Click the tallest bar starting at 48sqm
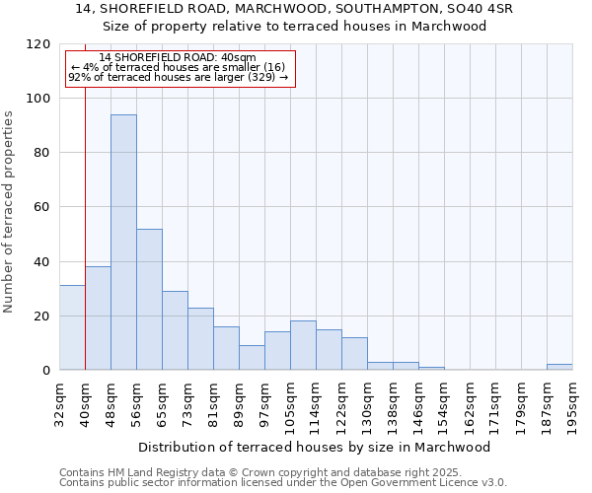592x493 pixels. (123, 243)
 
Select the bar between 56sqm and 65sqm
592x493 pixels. (149, 300)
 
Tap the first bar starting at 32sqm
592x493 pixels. (72, 328)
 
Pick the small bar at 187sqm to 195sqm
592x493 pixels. (559, 367)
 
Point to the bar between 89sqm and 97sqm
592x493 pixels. (252, 358)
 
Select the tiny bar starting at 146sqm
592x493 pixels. (431, 368)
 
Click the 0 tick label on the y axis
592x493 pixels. (45, 371)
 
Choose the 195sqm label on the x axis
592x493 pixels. (572, 402)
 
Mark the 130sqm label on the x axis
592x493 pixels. (367, 402)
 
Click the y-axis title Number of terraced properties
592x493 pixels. (9, 211)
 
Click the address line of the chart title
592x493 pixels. (294, 8)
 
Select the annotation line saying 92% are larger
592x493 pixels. (178, 77)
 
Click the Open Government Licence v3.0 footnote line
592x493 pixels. (282, 483)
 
